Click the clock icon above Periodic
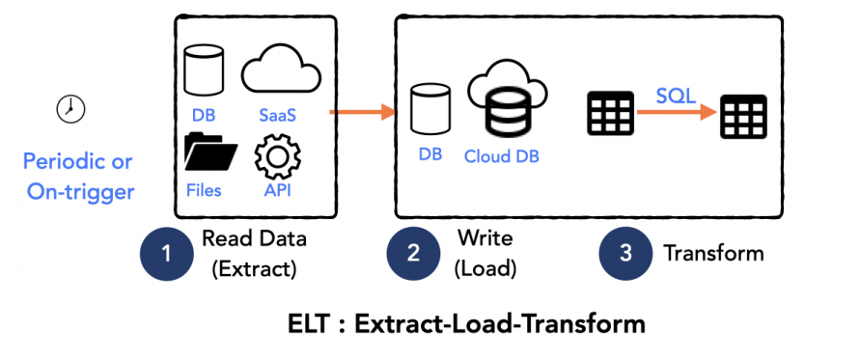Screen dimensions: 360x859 coord(69,108)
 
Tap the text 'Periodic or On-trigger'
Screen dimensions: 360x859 coord(78,176)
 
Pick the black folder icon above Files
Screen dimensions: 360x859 coord(209,156)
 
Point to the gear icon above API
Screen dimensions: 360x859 coord(277,158)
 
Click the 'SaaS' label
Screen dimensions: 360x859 coord(277,114)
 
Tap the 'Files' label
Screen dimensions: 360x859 coord(203,190)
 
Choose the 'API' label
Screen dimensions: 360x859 coord(276,190)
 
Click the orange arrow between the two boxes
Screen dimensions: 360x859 coord(363,113)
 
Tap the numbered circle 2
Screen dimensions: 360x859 coord(413,254)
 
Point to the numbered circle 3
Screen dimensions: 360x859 coord(624,254)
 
